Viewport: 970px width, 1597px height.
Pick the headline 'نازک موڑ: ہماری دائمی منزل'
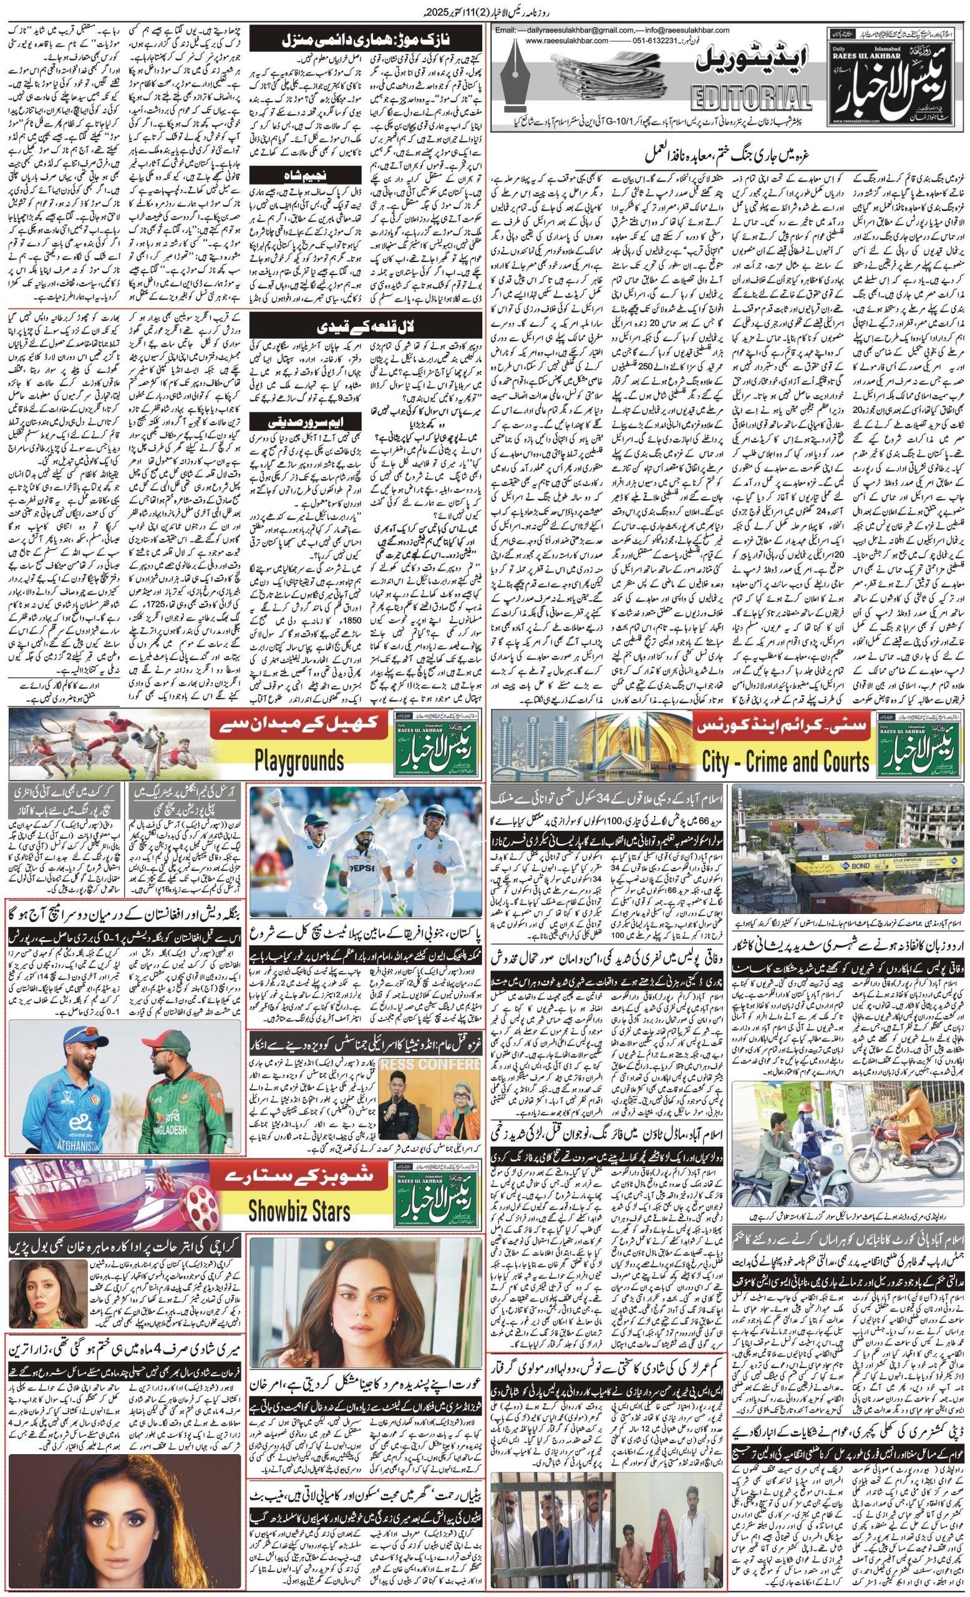(366, 40)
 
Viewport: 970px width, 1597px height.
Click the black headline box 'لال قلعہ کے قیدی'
(366, 323)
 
